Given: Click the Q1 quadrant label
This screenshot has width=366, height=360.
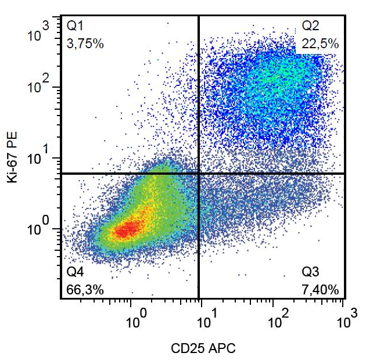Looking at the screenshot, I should coord(76,26).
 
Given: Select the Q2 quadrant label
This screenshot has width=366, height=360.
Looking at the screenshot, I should coord(311,26).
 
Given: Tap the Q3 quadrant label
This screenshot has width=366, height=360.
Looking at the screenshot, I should coord(311,272).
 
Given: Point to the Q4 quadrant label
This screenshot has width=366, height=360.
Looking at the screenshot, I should coord(76,272).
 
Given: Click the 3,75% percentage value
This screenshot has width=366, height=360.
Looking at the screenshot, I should coord(85,44).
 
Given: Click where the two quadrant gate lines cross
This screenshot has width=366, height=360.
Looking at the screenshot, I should coord(199,173).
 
